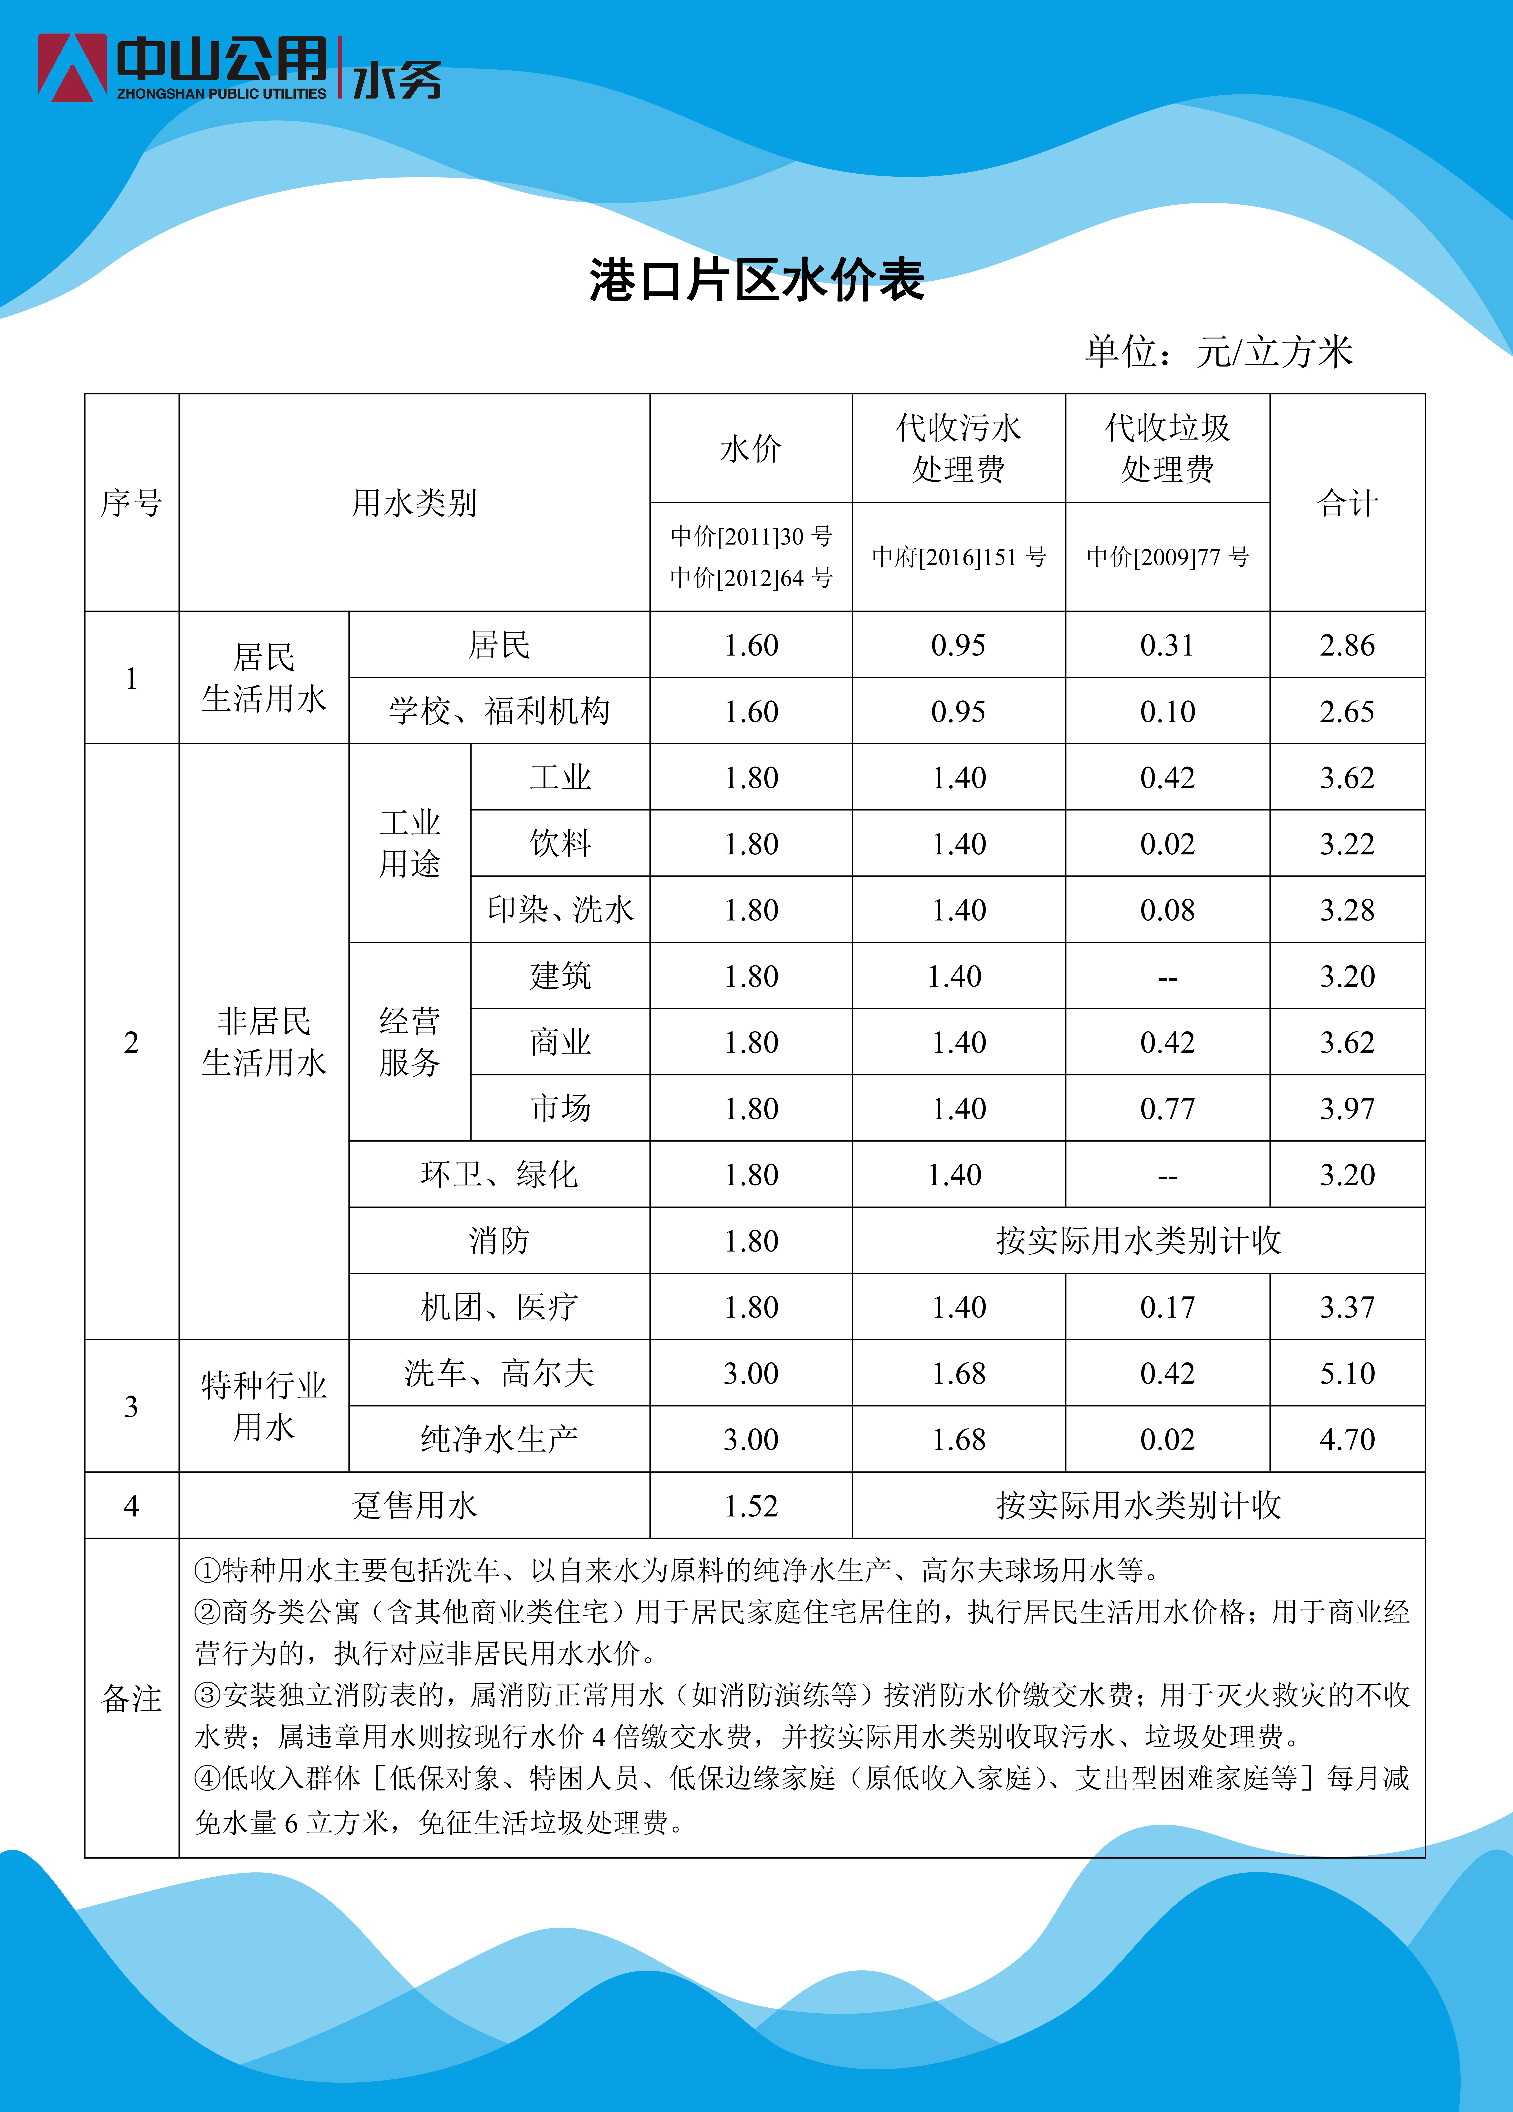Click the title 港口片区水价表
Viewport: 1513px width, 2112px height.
756,280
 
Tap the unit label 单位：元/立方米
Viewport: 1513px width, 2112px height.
1218,352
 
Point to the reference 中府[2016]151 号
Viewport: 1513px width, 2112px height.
958,557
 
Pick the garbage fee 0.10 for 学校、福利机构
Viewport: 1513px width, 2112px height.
1167,711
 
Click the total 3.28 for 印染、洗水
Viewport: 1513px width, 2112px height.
1346,910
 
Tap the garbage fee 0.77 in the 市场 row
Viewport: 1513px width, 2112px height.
1167,1108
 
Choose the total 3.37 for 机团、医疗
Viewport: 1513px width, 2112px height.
1346,1307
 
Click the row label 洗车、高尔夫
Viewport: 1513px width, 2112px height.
499,1373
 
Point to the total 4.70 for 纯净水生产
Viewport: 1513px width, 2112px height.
1346,1439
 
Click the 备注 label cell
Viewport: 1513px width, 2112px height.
131,1698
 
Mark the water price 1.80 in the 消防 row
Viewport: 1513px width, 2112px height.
751,1240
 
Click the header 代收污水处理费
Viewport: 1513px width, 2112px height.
958,448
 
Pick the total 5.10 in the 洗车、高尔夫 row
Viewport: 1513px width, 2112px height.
1346,1373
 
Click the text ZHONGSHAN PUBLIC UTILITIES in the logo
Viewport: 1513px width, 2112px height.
222,94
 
